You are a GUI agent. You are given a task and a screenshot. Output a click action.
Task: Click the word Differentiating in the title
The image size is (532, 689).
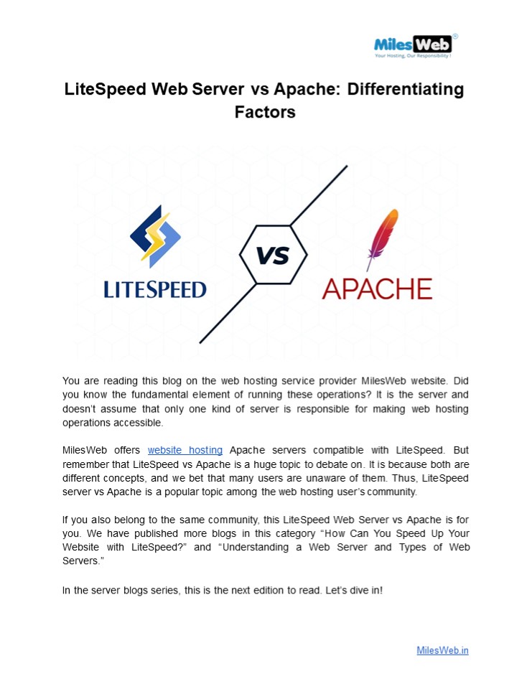pyautogui.click(x=406, y=90)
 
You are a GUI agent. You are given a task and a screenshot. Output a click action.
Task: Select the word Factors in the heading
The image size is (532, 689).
pyautogui.click(x=265, y=113)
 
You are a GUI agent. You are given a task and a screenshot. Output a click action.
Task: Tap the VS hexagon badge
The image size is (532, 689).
pyautogui.click(x=273, y=255)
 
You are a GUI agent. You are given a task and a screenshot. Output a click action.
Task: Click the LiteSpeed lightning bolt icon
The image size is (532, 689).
pyautogui.click(x=155, y=233)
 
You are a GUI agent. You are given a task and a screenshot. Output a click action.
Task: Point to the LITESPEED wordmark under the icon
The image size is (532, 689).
pyautogui.click(x=155, y=289)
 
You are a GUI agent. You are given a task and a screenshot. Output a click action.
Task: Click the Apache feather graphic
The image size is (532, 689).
pyautogui.click(x=383, y=238)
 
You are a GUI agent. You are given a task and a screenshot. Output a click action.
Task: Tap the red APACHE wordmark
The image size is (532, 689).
pyautogui.click(x=377, y=289)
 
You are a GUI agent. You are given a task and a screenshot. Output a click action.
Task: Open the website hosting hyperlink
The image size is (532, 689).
pyautogui.click(x=185, y=450)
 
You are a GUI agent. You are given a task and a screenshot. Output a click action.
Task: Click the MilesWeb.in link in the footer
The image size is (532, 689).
pyautogui.click(x=442, y=650)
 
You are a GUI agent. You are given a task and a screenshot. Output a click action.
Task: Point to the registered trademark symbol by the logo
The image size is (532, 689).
pyautogui.click(x=455, y=35)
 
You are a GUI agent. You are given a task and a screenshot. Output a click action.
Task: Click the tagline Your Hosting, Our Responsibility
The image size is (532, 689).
pyautogui.click(x=413, y=55)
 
